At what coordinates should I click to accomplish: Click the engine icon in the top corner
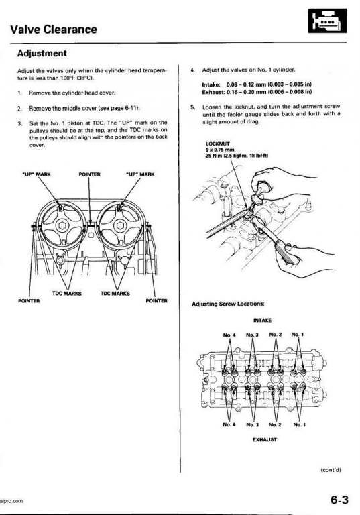[x=327, y=21]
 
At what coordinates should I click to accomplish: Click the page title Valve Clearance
[x=54, y=30]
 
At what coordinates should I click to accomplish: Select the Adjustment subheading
[x=42, y=53]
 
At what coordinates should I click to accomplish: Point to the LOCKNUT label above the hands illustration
[x=217, y=144]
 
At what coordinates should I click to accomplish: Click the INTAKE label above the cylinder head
[x=262, y=320]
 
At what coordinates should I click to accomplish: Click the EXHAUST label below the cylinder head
[x=265, y=439]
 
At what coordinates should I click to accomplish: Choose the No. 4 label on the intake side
[x=229, y=335]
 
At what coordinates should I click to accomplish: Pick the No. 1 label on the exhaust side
[x=299, y=424]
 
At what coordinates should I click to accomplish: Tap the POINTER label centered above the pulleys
[x=90, y=174]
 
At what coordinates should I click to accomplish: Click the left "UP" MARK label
[x=36, y=174]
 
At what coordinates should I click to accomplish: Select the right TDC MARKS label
[x=115, y=293]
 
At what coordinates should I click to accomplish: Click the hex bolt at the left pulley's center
[x=62, y=225]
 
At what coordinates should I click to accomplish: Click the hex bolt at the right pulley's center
[x=119, y=225]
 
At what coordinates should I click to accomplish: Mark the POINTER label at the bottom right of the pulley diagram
[x=156, y=300]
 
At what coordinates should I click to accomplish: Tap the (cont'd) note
[x=331, y=470]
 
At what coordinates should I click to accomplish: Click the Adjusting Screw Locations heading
[x=229, y=304]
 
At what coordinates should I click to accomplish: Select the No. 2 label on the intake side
[x=276, y=335]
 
